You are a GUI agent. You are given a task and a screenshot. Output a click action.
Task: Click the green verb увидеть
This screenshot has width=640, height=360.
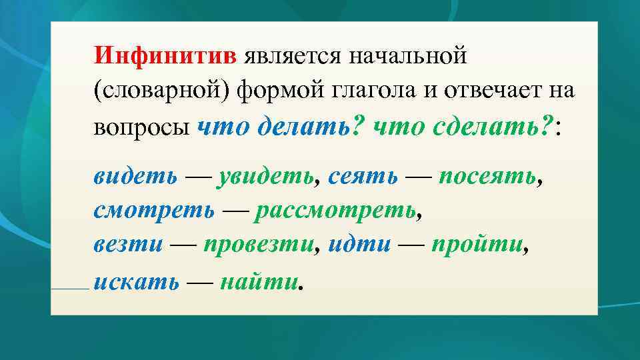(265, 176)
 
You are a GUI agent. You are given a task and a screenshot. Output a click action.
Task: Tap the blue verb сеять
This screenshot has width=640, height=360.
(363, 176)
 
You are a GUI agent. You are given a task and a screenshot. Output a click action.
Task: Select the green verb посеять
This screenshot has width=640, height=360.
(487, 176)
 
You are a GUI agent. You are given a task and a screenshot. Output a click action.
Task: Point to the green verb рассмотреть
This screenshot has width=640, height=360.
(336, 211)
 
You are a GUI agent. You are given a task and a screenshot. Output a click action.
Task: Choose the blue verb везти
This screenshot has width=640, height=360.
(128, 246)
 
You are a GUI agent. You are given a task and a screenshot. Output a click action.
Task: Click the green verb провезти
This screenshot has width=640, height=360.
(258, 246)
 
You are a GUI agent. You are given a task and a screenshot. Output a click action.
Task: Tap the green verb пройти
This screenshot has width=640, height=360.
(477, 246)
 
